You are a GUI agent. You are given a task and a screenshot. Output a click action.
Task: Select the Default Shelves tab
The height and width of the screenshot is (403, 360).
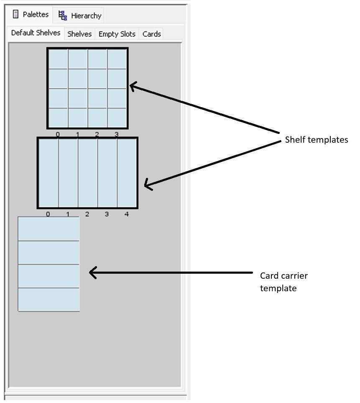coord(36,33)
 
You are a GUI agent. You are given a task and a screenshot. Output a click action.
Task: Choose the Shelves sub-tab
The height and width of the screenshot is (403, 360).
coord(79,34)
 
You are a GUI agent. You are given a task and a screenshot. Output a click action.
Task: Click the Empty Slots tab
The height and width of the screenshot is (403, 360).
coord(117,34)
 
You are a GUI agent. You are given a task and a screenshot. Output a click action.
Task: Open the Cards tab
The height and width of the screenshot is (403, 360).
coord(151,34)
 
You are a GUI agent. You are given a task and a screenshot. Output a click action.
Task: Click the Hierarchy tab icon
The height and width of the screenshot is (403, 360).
coord(63,15)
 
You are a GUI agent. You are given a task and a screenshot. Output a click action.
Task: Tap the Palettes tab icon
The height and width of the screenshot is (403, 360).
coord(16,15)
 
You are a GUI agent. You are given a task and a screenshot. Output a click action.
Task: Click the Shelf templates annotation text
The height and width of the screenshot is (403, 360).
coord(316,140)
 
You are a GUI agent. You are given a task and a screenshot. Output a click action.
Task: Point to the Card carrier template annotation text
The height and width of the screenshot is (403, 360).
coord(283,282)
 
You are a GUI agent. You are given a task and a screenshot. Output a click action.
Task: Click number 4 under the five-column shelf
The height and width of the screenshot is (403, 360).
coord(127,214)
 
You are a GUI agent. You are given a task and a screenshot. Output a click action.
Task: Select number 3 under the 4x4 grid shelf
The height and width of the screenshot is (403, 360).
coord(116,135)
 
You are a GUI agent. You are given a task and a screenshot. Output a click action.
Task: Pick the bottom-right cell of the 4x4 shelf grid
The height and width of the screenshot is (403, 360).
coord(117,118)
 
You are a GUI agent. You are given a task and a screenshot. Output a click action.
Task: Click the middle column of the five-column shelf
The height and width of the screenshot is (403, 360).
coord(87,173)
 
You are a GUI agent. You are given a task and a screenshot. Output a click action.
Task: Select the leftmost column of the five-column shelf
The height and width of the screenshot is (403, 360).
coord(49,173)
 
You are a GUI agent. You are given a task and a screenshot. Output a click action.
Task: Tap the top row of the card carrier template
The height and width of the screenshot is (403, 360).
coord(49,228)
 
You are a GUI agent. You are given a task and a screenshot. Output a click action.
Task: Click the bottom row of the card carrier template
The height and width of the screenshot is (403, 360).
coord(49,299)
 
